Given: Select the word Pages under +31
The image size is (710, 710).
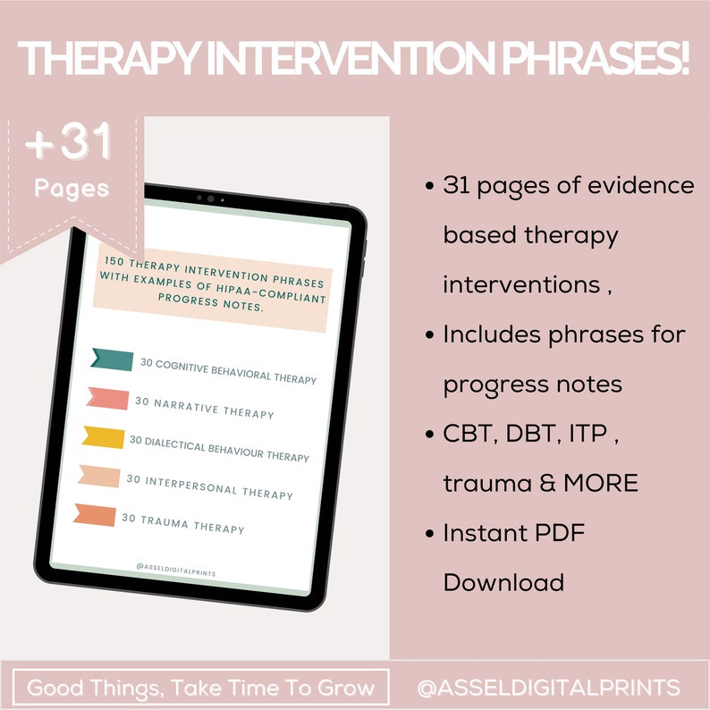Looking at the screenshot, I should [x=72, y=189].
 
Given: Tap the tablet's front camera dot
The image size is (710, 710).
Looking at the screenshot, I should [x=210, y=199].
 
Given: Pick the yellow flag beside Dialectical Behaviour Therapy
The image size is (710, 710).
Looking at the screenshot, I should [x=103, y=436].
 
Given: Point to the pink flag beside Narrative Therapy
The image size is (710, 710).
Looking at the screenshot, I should [x=107, y=399].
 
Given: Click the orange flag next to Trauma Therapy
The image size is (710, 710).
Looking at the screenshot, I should [x=95, y=515].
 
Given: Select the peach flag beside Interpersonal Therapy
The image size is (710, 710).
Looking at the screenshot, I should [x=99, y=476].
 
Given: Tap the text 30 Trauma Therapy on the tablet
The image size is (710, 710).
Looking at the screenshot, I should [x=182, y=524].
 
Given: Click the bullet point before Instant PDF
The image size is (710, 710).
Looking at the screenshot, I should [x=429, y=534].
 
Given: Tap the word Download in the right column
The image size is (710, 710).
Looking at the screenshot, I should [x=503, y=583].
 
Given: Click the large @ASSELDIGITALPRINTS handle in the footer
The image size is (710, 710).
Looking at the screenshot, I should [x=548, y=689].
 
